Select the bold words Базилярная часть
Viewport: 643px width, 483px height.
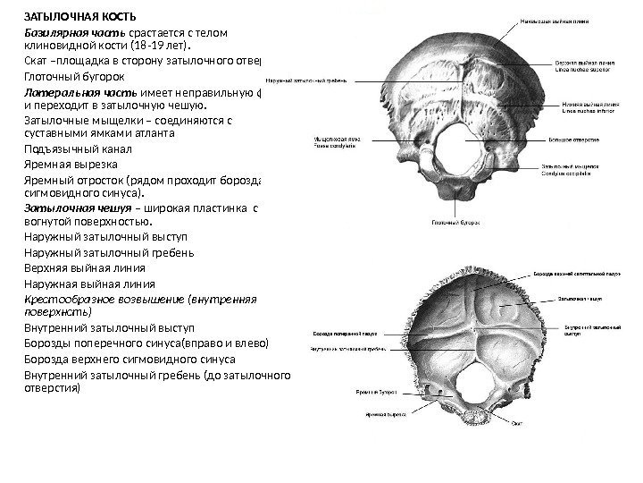pyautogui.click(x=74, y=34)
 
